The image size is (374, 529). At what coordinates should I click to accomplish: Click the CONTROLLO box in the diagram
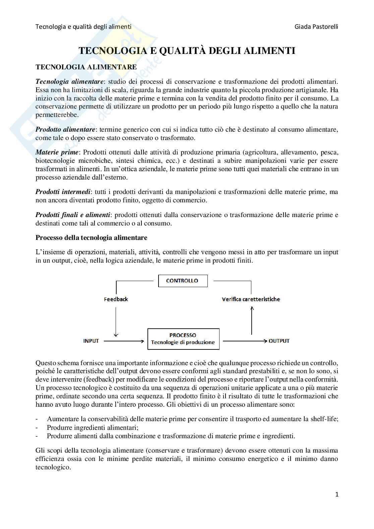pyautogui.click(x=183, y=281)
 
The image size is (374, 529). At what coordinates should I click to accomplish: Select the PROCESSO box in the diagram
pyautogui.click(x=183, y=339)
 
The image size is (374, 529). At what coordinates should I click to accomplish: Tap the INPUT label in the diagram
pyautogui.click(x=91, y=341)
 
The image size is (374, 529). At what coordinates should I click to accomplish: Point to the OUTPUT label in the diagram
pyautogui.click(x=279, y=341)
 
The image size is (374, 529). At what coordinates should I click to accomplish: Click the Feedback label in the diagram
pyautogui.click(x=116, y=299)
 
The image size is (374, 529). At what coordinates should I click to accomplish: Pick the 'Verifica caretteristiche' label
pyautogui.click(x=251, y=299)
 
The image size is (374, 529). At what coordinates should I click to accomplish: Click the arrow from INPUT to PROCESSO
pyautogui.click(x=124, y=341)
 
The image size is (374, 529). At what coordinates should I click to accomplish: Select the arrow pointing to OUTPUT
pyautogui.click(x=245, y=341)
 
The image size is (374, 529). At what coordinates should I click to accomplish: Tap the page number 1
pyautogui.click(x=337, y=494)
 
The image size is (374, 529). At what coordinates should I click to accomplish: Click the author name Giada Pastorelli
pyautogui.click(x=316, y=26)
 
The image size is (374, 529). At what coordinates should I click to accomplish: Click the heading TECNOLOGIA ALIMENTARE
pyautogui.click(x=86, y=67)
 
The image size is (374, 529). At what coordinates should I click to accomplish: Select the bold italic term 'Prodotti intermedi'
pyautogui.click(x=63, y=192)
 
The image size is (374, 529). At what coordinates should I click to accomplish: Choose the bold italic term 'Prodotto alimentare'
pyautogui.click(x=65, y=129)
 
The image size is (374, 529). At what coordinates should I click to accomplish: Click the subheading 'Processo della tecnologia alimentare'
pyautogui.click(x=91, y=238)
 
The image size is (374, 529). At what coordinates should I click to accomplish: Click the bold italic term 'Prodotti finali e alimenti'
pyautogui.click(x=73, y=215)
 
